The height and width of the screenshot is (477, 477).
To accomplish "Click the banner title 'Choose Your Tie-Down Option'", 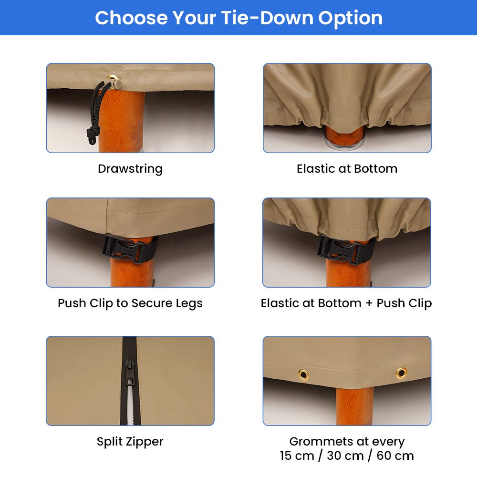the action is (x=238, y=18).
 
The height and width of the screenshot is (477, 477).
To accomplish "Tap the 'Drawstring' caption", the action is (x=130, y=169).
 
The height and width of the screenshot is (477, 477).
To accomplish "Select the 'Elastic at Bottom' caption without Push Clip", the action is (x=347, y=168).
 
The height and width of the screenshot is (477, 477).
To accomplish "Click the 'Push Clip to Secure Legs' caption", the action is (x=130, y=303).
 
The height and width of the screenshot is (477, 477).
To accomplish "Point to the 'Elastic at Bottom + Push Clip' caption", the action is (x=346, y=303).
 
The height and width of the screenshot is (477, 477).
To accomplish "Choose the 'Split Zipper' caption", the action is (x=130, y=442).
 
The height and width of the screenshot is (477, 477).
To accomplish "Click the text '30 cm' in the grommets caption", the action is (x=345, y=456).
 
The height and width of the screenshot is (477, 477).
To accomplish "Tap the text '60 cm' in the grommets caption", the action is (x=395, y=456).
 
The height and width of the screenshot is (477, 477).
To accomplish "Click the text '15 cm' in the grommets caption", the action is (x=297, y=456).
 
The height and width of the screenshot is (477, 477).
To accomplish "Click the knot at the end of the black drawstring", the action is (x=92, y=134).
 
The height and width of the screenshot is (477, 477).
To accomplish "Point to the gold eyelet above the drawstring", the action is (x=112, y=79).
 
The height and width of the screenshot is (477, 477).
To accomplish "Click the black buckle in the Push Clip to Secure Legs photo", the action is (x=131, y=249).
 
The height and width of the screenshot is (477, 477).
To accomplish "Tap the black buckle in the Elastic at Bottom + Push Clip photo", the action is (x=346, y=250).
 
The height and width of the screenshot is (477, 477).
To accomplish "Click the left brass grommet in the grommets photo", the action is (x=303, y=374).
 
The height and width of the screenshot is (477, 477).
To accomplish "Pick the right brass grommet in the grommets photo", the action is (x=401, y=373).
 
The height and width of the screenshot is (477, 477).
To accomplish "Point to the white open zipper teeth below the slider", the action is (x=130, y=405).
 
